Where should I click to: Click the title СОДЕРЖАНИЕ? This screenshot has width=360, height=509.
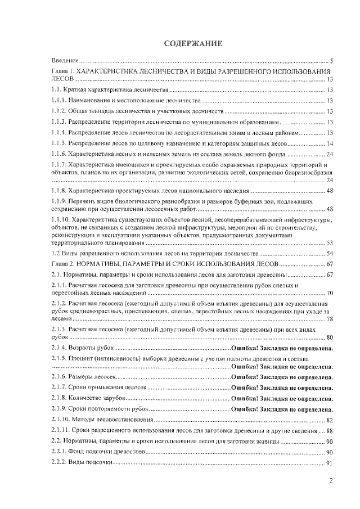193,43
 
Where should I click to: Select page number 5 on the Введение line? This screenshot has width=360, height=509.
332,60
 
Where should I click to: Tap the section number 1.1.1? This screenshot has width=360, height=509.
59,100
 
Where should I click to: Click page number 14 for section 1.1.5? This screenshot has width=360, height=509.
330,143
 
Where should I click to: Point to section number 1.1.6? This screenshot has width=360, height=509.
59,154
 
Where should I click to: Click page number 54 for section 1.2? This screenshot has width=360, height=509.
330,254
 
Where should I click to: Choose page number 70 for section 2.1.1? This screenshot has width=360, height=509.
330,293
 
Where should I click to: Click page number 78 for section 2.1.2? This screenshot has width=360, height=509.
330,319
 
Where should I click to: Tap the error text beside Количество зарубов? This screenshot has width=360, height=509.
282,398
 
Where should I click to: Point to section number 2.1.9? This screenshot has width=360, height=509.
59,409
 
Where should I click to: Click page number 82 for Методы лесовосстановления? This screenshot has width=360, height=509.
330,420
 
